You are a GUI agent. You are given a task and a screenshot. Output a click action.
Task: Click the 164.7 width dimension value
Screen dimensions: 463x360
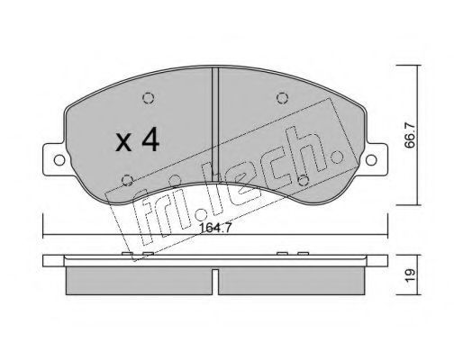[215, 228]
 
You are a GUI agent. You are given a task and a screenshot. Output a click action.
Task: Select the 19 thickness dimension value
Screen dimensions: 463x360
[410, 274]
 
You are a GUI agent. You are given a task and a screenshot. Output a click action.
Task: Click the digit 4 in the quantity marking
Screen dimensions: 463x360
[150, 139]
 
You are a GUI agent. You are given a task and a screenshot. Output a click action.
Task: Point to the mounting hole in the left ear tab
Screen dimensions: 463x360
[59, 160]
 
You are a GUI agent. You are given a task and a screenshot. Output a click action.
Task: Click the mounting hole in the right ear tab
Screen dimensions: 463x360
[371, 160]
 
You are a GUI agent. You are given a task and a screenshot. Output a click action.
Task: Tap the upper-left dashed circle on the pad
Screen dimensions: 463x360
[149, 98]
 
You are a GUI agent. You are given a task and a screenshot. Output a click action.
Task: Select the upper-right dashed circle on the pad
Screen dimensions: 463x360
[282, 98]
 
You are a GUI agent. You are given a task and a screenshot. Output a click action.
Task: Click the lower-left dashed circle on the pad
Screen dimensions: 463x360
[128, 180]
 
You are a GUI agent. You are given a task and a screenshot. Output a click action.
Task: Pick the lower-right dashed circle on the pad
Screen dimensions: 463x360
[304, 180]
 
